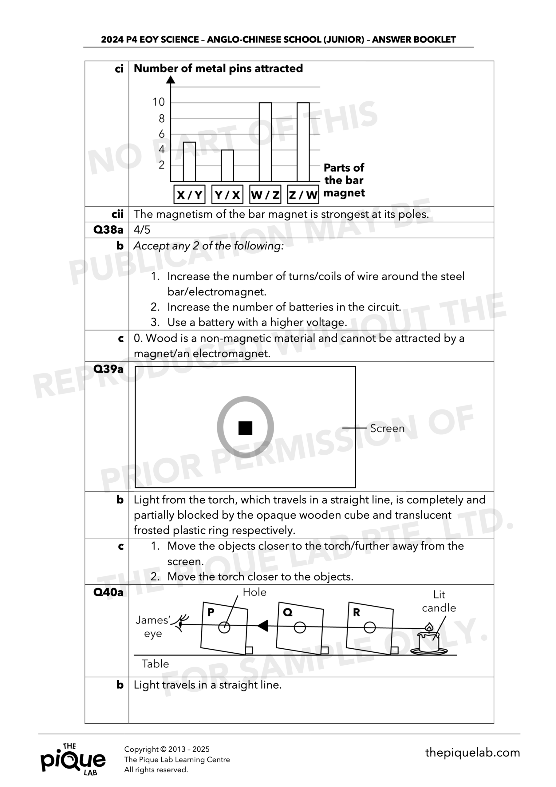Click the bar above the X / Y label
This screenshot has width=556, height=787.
[189, 161]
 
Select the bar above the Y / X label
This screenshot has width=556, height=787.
[227, 166]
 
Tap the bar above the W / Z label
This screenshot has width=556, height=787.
[265, 142]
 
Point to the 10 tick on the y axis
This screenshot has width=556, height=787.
[159, 102]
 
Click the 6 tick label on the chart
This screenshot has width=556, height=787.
[161, 134]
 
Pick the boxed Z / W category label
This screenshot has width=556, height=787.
[303, 195]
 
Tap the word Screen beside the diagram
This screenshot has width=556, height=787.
[387, 429]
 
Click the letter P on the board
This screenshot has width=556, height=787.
[211, 612]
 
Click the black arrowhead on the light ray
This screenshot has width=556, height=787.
[263, 626]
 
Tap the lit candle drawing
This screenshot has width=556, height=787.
[428, 640]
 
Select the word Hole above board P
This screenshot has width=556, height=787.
[254, 592]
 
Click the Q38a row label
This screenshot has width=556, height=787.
[108, 230]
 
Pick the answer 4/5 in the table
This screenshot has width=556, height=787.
[142, 230]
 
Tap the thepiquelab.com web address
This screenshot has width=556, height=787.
[472, 753]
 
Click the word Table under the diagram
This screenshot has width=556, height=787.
[155, 664]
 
